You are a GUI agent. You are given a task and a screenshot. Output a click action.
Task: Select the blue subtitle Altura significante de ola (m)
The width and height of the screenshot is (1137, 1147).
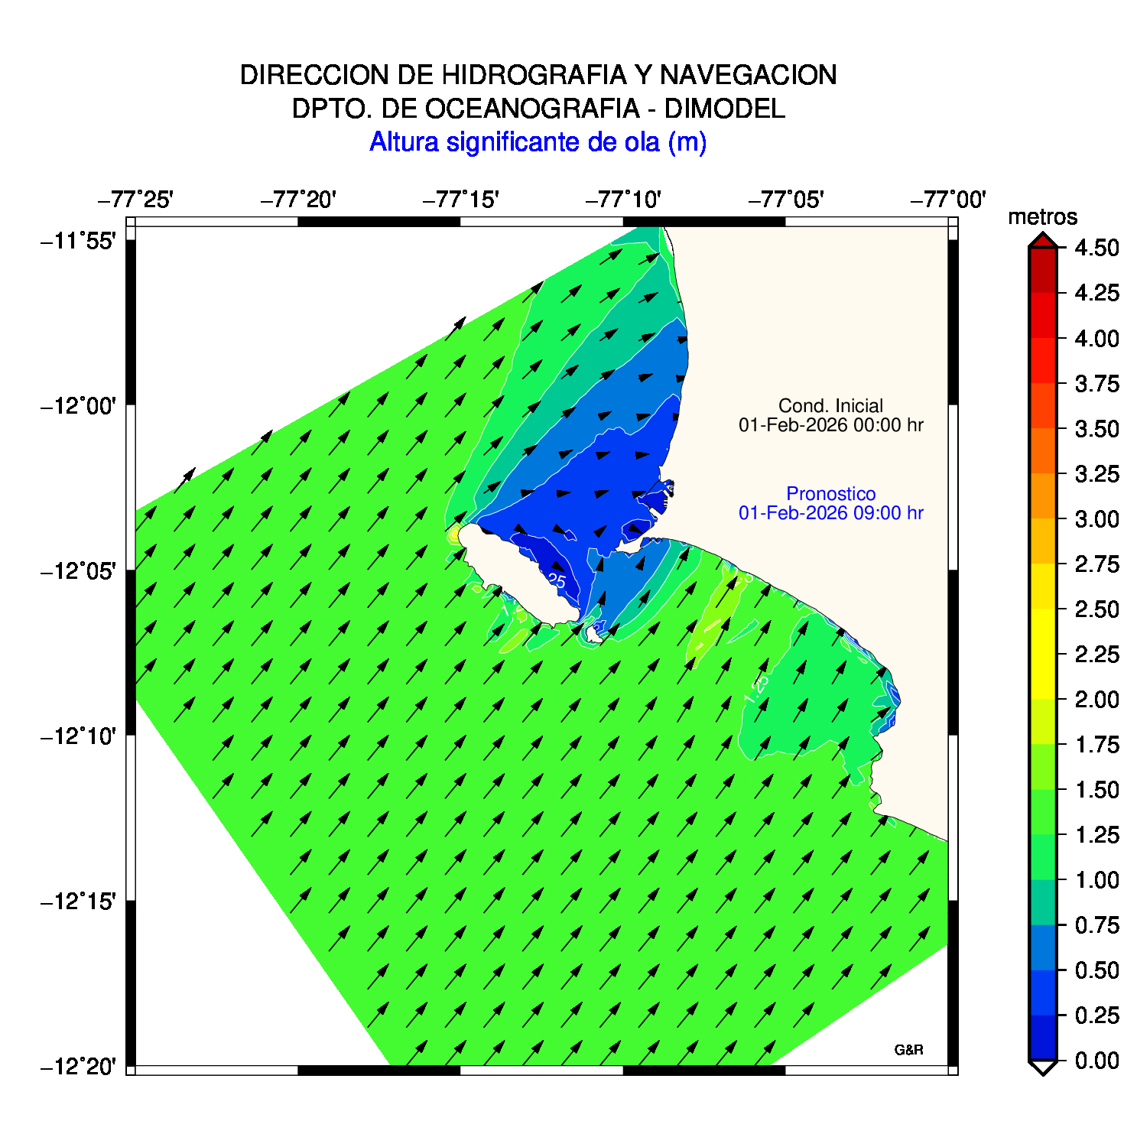(x=538, y=142)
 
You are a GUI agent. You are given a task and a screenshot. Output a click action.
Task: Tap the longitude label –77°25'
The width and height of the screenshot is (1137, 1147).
(x=135, y=200)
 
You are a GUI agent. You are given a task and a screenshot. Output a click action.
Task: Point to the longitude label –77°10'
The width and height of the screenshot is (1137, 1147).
(x=623, y=200)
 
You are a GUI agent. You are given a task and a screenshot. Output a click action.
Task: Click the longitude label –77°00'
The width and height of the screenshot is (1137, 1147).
(x=948, y=200)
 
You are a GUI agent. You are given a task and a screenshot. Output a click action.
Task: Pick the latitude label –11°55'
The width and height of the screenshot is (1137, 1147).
(x=78, y=242)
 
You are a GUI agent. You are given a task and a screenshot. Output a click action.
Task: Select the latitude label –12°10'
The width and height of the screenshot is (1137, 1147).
(x=78, y=737)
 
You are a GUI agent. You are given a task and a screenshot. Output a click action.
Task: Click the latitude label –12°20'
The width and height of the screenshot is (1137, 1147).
(x=78, y=1066)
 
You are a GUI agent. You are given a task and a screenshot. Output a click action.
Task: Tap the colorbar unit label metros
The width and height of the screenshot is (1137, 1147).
(x=1042, y=217)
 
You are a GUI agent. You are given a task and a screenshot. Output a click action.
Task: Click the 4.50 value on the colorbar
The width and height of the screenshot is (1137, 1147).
(x=1096, y=248)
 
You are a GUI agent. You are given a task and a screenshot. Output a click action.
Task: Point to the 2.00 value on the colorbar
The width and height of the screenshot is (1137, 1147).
(x=1096, y=700)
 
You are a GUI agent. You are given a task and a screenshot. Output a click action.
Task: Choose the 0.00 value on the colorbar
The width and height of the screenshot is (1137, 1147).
(x=1096, y=1061)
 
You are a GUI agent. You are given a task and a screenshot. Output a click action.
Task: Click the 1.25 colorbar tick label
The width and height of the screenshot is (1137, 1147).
(x=1096, y=835)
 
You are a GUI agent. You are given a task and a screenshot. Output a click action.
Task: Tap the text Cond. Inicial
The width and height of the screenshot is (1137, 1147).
(x=830, y=406)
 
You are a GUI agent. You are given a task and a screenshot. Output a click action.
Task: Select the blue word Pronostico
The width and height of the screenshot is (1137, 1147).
(x=830, y=494)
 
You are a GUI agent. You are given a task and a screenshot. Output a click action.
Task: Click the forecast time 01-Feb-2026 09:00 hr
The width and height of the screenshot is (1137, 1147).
(x=830, y=513)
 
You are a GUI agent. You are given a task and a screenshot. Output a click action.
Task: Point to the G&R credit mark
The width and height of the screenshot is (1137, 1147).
(x=908, y=1050)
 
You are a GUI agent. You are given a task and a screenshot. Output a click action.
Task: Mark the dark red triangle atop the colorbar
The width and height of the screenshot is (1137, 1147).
(x=1042, y=242)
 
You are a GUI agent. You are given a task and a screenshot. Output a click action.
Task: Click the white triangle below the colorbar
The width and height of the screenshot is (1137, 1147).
(x=1042, y=1067)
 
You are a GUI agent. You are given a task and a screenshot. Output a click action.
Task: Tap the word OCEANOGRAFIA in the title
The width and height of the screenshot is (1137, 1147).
(x=532, y=109)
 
